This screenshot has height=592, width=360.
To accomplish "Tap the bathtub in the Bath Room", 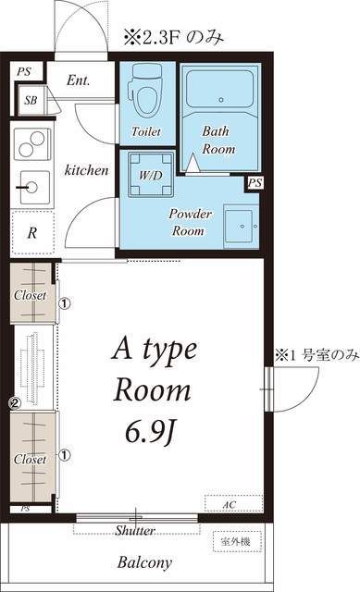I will tap(220, 89).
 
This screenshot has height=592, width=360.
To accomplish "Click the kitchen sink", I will tap(32, 187).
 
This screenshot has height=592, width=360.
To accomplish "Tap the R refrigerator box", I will tap(31, 233).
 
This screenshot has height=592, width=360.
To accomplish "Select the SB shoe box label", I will tap(31, 100).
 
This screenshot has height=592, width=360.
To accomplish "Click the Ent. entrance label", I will tap(79, 80).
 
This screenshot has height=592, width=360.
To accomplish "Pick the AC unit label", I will tap(230, 505).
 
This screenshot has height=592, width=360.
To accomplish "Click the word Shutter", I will tap(135, 531).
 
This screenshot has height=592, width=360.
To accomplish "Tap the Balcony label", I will tap(144, 561).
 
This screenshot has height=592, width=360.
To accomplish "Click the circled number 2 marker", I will tap(15, 403).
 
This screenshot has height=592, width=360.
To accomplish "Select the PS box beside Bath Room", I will tap(253, 183).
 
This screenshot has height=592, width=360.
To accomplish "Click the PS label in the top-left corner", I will tap(23, 70).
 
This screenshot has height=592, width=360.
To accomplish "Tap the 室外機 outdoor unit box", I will tap(239, 540).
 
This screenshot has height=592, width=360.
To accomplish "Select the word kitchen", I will tap(86, 170).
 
